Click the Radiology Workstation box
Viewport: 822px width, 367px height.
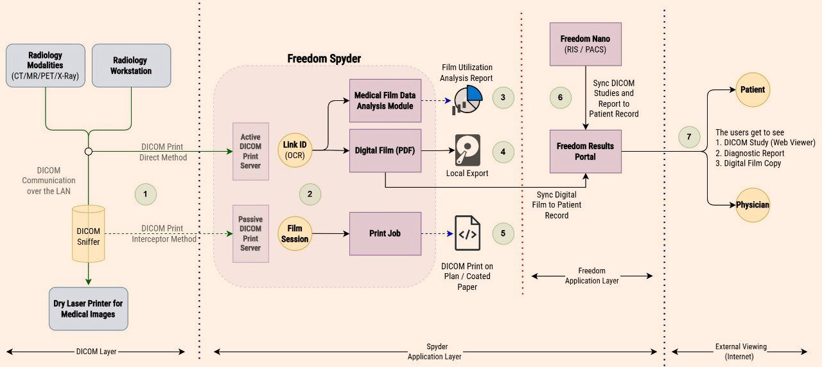[131, 66]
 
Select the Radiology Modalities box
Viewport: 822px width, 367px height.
[46, 66]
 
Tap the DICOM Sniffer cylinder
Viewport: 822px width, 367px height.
[89, 234]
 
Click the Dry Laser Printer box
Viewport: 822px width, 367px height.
[89, 309]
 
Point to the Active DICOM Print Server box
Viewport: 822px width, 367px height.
[250, 152]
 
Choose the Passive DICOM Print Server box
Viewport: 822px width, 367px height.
[250, 234]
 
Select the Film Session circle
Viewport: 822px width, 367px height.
[295, 234]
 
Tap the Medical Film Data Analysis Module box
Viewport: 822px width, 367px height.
[385, 100]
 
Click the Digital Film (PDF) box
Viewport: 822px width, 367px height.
[385, 150]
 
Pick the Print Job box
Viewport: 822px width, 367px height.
[385, 233]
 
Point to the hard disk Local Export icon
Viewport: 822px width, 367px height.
[468, 150]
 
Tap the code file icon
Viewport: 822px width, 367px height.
[467, 233]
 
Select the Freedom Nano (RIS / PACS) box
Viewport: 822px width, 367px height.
[585, 44]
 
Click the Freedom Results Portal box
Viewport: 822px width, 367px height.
[585, 151]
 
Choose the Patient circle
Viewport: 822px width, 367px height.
[753, 89]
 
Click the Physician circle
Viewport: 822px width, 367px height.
[753, 205]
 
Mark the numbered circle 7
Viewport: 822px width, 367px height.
[689, 137]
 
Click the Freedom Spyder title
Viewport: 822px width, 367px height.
[324, 59]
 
